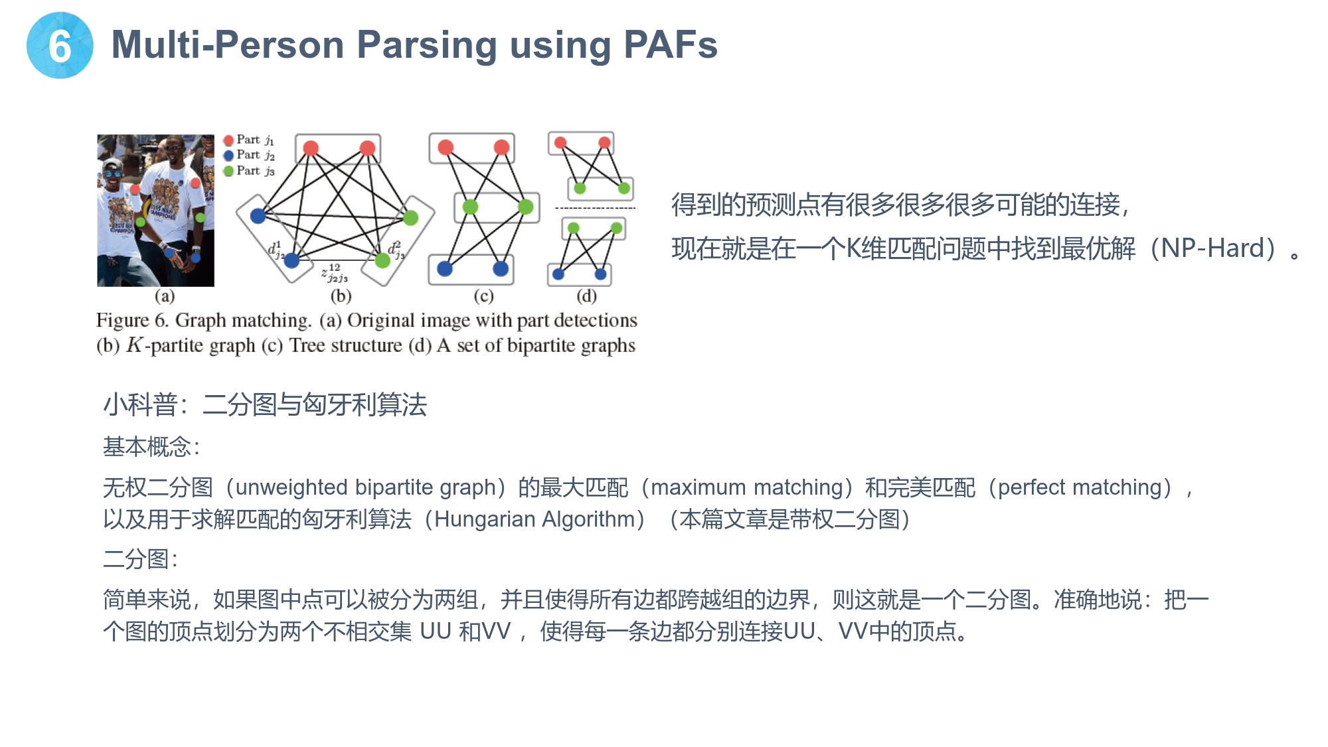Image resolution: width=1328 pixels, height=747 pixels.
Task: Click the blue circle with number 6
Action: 60,45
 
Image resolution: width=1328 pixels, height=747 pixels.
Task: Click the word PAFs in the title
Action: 671,45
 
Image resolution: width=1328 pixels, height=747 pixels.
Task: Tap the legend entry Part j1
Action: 249,139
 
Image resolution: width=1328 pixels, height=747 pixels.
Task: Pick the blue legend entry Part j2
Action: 249,155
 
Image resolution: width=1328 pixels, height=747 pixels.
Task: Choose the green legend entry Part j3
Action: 249,171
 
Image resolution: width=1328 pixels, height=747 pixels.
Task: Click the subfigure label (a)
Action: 165,295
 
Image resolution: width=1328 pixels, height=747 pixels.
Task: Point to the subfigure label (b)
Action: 341,295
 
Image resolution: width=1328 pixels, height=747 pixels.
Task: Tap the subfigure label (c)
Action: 483,295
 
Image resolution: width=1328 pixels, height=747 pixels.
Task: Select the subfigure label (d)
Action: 586,295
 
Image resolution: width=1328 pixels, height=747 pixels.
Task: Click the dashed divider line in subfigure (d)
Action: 595,208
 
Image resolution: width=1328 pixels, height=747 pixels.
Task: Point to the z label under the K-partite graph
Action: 335,272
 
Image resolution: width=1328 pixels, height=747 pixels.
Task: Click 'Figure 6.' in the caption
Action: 132,321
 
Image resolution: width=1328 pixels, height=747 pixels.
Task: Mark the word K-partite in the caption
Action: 191,346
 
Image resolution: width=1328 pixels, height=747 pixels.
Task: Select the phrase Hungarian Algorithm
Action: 535,519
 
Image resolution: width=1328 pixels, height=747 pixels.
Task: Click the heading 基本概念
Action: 147,447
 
